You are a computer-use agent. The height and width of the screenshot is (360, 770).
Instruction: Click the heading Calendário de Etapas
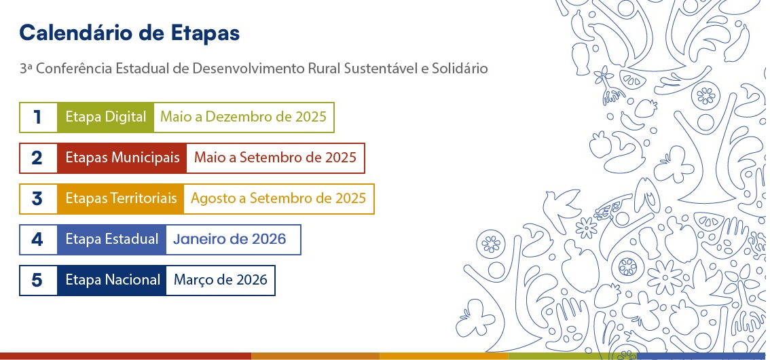coord(129,33)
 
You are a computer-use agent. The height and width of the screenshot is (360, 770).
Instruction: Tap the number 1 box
coord(38,118)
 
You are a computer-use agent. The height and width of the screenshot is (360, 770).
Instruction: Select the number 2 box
coord(38,158)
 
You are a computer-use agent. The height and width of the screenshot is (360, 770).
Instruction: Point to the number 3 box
coord(38,199)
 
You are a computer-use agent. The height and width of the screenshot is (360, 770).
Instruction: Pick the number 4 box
coord(38,240)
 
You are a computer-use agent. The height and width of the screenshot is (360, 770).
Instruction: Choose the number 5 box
coord(38,281)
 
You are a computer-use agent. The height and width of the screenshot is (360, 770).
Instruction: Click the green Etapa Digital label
coord(106,118)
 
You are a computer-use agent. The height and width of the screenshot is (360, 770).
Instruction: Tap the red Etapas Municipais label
coord(122,158)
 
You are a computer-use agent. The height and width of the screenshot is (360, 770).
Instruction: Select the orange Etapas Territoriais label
coord(121,199)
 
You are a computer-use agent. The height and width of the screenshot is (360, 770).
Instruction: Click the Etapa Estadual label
coord(112,240)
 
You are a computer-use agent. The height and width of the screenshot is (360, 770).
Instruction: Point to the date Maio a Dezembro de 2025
coord(243,118)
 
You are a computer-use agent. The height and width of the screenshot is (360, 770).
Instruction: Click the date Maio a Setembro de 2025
coord(275,158)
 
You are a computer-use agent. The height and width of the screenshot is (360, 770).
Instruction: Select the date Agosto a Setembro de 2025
coord(278,199)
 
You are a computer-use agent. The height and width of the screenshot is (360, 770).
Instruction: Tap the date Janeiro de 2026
coord(230,240)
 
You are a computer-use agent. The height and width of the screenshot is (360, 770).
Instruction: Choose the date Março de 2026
coord(221,281)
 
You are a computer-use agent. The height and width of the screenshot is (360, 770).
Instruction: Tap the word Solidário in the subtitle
coord(460,69)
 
